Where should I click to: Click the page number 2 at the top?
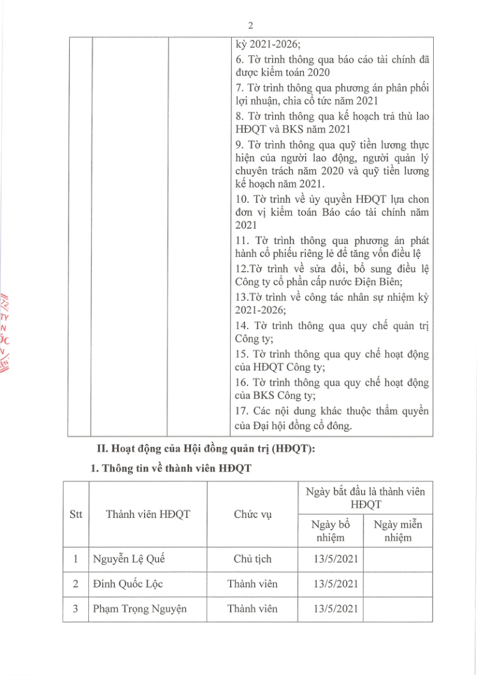[x=250, y=25]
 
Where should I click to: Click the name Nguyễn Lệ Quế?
[x=128, y=559]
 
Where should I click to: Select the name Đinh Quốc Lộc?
[x=127, y=584]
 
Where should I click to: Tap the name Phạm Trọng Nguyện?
[x=139, y=608]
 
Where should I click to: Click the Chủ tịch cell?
[x=252, y=559]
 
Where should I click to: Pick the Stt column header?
[x=76, y=514]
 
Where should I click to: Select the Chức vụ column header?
[x=252, y=514]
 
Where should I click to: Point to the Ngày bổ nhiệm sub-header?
[x=330, y=531]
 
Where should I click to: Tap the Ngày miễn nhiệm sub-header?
[x=398, y=531]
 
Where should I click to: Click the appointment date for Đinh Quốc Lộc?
[x=336, y=584]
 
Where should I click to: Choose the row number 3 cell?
[x=76, y=608]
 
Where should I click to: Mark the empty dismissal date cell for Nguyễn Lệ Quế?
[x=398, y=559]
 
